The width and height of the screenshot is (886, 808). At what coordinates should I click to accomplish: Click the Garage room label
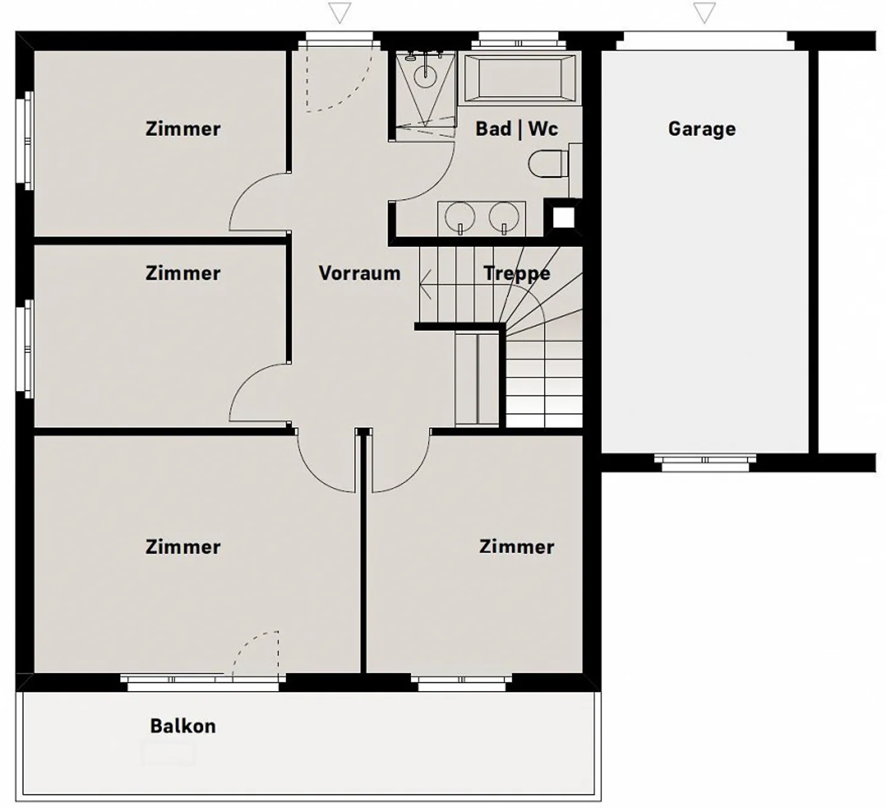click(x=702, y=129)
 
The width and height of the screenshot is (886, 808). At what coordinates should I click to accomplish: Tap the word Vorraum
click(x=359, y=273)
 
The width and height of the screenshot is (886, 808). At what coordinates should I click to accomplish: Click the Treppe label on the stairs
click(x=517, y=274)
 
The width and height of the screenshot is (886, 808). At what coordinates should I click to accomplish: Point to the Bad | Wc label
click(x=517, y=129)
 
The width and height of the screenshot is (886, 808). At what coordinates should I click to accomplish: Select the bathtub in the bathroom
click(x=520, y=78)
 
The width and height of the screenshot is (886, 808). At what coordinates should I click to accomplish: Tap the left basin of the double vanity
click(x=460, y=217)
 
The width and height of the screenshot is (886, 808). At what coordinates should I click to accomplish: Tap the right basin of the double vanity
click(x=504, y=217)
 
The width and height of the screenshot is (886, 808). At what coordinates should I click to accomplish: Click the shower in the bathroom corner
click(x=425, y=95)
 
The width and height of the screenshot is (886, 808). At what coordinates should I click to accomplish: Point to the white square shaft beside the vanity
click(x=564, y=218)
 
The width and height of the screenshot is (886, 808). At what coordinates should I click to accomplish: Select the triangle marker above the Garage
click(x=704, y=13)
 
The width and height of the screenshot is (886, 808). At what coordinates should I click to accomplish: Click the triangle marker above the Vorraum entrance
click(x=340, y=13)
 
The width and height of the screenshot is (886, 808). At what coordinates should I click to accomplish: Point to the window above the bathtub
click(x=519, y=40)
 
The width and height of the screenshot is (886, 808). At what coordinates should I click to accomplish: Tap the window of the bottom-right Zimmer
click(x=461, y=682)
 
